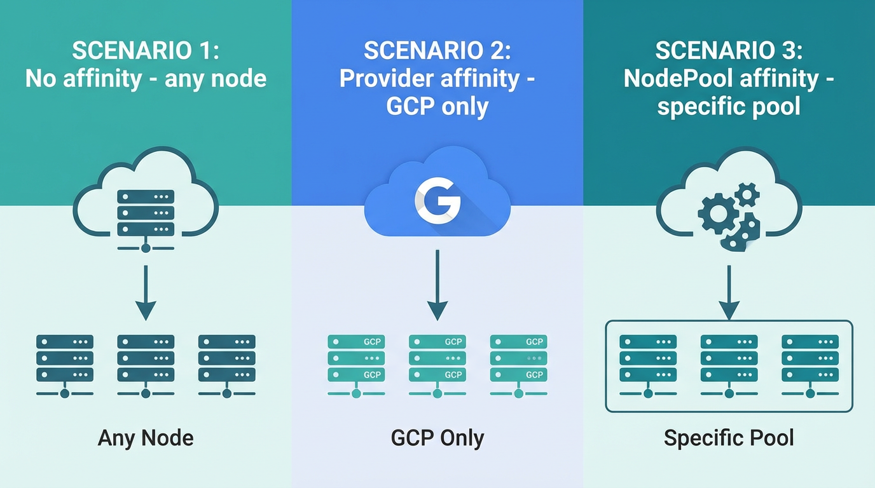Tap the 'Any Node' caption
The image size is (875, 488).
tap(146, 438)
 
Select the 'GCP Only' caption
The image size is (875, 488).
tap(437, 438)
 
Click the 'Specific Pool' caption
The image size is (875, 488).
tap(729, 438)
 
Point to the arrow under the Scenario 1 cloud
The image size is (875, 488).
tap(146, 292)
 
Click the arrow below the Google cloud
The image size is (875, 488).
tap(437, 286)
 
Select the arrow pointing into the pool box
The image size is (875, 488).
tap(729, 292)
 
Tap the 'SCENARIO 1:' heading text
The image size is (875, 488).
tap(146, 51)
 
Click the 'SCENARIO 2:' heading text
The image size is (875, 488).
tap(437, 51)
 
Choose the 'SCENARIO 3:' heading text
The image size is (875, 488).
tap(729, 51)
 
